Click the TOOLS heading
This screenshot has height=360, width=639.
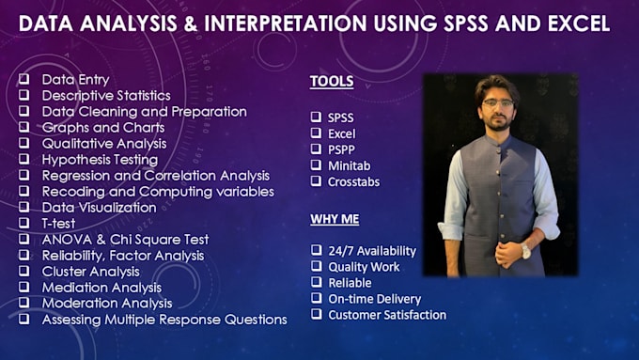(332, 82)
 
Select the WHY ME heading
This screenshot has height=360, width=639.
(335, 219)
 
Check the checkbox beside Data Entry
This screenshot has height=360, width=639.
(23, 80)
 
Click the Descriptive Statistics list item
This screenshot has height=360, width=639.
(106, 95)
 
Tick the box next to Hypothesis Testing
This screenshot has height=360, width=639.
(23, 160)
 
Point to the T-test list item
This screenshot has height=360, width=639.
(58, 224)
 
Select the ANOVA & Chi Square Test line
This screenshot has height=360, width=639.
(125, 240)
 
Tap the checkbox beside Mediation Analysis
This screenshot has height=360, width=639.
(23, 288)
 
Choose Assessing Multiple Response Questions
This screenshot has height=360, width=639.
(164, 320)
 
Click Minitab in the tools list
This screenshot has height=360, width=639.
(350, 165)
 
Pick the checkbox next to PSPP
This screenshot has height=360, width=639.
(316, 149)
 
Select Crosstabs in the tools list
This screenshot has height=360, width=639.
(353, 181)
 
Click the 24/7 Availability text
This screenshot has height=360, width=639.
(372, 251)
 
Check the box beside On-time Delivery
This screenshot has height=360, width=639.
(316, 299)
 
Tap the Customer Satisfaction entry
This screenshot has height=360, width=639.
(387, 315)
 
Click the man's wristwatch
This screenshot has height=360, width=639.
(526, 250)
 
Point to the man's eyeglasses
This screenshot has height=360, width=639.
(497, 102)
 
